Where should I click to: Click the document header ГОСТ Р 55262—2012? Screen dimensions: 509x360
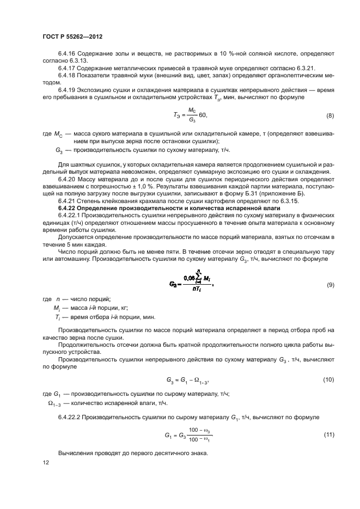point(72,36)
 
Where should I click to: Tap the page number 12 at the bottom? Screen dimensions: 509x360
point(45,462)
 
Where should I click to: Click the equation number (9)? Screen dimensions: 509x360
point(330,285)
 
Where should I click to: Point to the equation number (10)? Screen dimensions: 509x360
point(328,379)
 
